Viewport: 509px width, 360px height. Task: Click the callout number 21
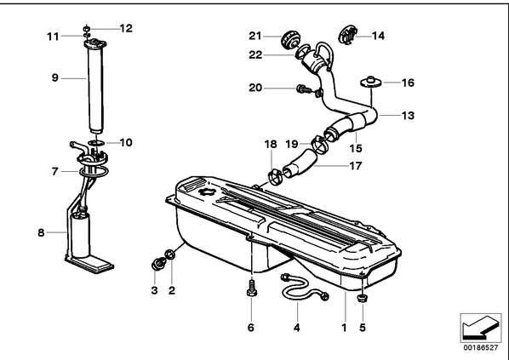tap(255, 36)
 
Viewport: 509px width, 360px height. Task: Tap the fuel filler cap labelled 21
tap(289, 40)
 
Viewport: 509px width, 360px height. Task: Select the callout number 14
tap(378, 36)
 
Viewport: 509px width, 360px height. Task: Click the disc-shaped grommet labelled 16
tap(370, 82)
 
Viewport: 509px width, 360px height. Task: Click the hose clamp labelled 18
tap(275, 176)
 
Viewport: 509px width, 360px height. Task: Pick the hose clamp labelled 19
tap(319, 144)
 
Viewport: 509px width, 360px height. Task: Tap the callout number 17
tap(356, 166)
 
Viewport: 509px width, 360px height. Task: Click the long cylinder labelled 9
tap(96, 87)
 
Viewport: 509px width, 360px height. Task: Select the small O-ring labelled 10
tap(96, 142)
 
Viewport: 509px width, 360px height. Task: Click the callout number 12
tap(126, 28)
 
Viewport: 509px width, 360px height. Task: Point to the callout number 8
tap(41, 232)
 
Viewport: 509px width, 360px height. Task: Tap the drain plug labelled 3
tap(157, 264)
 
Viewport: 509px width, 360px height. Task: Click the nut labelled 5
tap(363, 297)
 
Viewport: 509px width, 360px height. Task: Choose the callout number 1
tap(345, 328)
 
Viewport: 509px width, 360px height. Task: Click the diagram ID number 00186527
tap(481, 348)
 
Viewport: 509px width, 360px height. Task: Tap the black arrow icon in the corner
tap(480, 327)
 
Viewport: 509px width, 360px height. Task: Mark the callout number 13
tap(408, 115)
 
